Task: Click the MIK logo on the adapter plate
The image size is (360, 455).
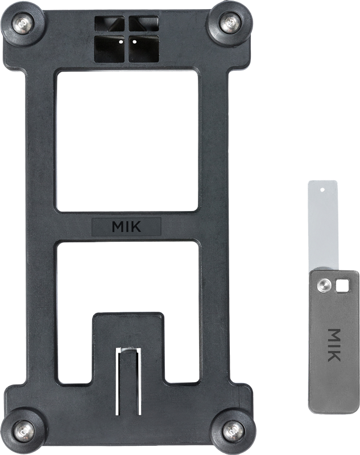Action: [126, 227]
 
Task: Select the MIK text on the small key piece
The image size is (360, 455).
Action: [334, 345]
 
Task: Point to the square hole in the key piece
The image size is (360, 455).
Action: [342, 286]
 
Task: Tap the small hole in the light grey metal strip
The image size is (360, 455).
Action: [322, 190]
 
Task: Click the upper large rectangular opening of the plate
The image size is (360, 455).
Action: [127, 141]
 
